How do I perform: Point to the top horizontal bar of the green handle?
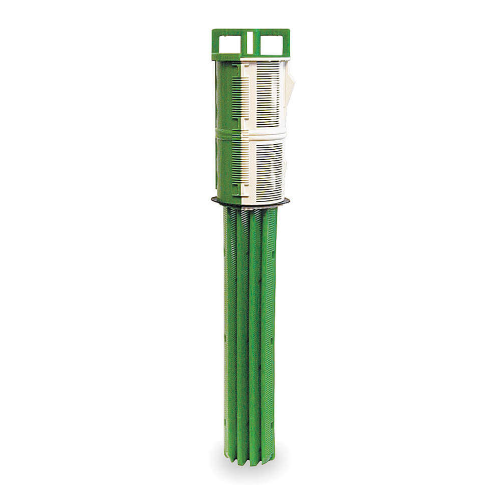[x=250, y=32]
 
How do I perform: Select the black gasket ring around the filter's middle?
[x=250, y=201]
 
